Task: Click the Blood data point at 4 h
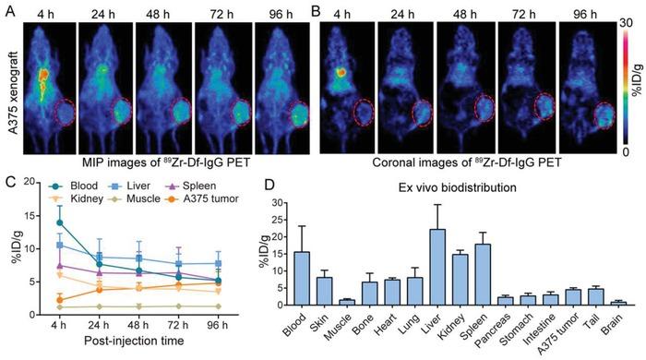(x=60, y=222)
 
